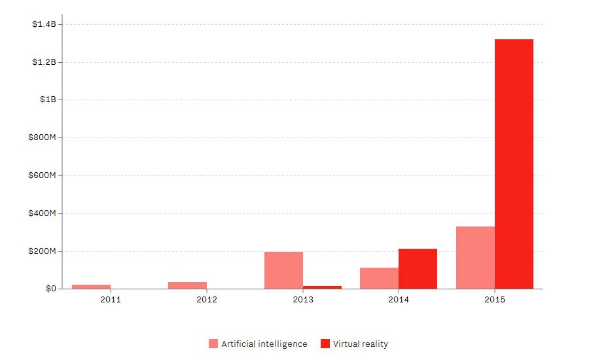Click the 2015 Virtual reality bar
click(x=514, y=164)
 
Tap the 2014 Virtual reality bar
click(x=418, y=268)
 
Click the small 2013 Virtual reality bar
click(x=322, y=287)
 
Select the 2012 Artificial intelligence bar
click(x=187, y=285)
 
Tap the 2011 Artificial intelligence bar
click(x=91, y=287)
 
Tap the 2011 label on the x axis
click(x=111, y=300)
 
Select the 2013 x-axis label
click(x=303, y=300)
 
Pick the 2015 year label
click(x=495, y=300)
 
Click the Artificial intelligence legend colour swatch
click(x=213, y=344)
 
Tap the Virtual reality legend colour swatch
click(x=325, y=344)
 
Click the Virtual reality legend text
click(x=361, y=344)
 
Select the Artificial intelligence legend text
click(x=264, y=344)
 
